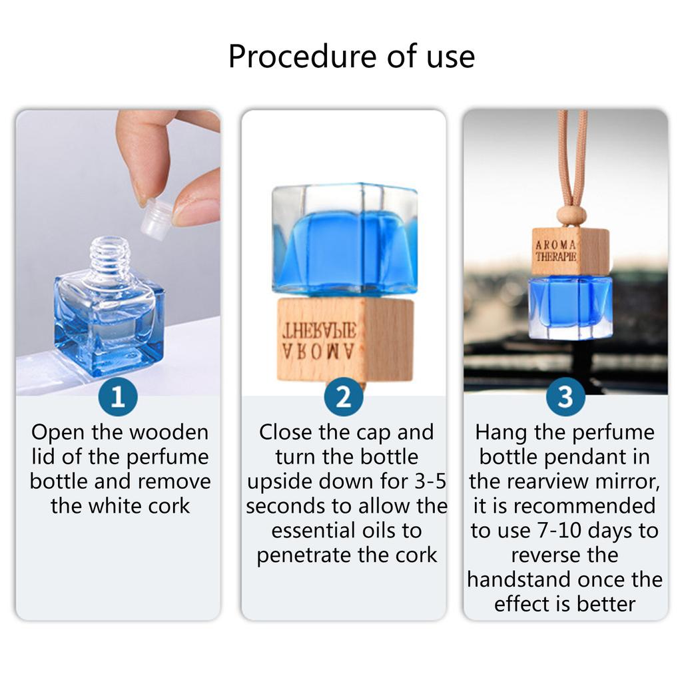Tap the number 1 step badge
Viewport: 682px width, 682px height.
click(x=118, y=397)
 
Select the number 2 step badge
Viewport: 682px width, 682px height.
click(x=344, y=397)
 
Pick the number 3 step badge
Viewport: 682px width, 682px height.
click(x=565, y=397)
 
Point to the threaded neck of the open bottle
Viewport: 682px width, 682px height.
click(x=111, y=255)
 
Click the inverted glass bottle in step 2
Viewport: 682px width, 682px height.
click(x=344, y=239)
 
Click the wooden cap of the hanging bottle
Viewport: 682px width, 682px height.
click(x=570, y=251)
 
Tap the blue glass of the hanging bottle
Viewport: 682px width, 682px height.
click(x=570, y=307)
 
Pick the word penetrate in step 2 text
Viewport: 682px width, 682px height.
click(x=304, y=555)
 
